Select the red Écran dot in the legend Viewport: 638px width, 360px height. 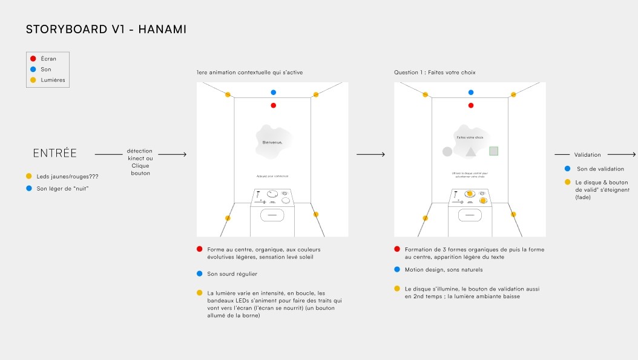33,59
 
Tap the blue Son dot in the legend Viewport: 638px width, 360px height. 33,70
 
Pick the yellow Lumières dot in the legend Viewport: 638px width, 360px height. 33,80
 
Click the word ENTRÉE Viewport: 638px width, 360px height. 54,153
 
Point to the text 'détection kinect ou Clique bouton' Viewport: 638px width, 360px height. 139,162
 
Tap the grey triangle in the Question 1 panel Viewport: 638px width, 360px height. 470,151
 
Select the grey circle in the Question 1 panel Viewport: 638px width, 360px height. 447,151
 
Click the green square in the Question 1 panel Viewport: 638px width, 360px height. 493,151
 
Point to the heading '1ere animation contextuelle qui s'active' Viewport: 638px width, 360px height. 249,73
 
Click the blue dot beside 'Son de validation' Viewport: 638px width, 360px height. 567,168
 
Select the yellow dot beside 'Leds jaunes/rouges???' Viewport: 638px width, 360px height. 28,176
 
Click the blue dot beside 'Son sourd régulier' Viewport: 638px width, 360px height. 199,274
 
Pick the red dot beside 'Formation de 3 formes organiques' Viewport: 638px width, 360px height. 396,249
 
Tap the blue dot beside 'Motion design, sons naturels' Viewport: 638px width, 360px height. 396,269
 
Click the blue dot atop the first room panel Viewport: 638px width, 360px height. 274,93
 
